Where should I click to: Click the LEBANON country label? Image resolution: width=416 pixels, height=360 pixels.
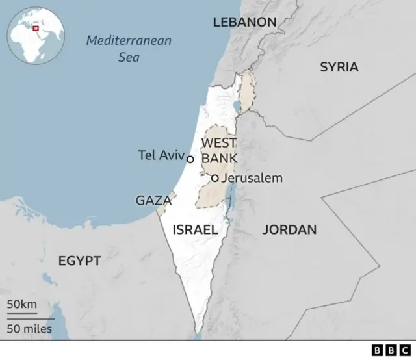click(x=244, y=23)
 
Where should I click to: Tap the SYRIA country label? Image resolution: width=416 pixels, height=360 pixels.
click(x=339, y=67)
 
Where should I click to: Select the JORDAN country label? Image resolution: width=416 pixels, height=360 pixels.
click(x=289, y=229)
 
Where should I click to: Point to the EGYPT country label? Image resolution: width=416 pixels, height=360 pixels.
click(x=79, y=261)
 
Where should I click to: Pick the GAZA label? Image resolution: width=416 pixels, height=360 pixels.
click(x=153, y=201)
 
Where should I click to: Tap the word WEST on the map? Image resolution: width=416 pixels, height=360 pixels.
click(x=219, y=143)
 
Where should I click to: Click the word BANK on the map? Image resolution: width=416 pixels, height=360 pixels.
click(x=220, y=158)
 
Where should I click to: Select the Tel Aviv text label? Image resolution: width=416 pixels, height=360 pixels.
click(x=161, y=155)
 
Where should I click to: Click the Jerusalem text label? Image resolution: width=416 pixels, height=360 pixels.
click(x=252, y=178)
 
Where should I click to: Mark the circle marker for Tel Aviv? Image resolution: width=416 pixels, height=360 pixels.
click(x=190, y=159)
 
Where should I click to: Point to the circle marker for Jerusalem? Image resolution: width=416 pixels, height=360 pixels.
click(x=214, y=178)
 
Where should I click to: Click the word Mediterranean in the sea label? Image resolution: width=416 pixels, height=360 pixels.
click(x=129, y=41)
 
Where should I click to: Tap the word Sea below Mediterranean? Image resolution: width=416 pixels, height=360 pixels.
click(x=129, y=57)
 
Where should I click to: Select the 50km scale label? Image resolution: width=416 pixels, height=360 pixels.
click(x=22, y=305)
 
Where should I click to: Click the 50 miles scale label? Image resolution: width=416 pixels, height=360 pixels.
click(x=30, y=328)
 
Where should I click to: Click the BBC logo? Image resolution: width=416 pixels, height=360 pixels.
click(x=389, y=350)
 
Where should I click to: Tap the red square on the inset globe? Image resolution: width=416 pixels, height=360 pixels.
click(x=36, y=28)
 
